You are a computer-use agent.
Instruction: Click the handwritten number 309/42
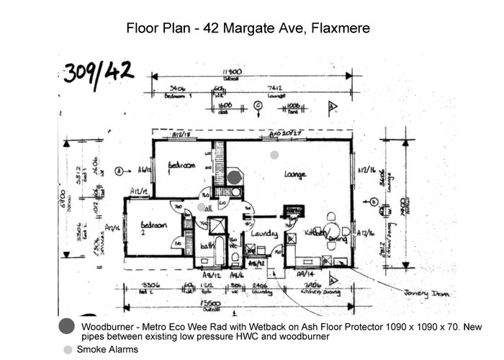98,72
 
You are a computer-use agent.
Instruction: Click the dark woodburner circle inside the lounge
235,176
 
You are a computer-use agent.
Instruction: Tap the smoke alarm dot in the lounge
274,155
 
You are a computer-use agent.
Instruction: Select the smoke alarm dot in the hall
202,207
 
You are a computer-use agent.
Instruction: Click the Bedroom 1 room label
181,165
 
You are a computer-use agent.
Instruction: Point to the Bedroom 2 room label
154,227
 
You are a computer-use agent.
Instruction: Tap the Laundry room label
264,233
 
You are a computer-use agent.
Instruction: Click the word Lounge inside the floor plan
295,175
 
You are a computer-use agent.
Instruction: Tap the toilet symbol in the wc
235,256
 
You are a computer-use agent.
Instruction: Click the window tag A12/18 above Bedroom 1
181,135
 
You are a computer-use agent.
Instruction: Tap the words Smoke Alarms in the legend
107,350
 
